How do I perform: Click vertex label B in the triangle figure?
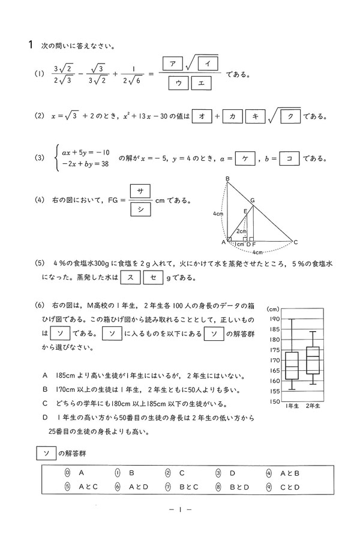point(227,179)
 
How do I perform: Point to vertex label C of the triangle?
point(296,242)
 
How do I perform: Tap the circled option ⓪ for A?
point(68,473)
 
